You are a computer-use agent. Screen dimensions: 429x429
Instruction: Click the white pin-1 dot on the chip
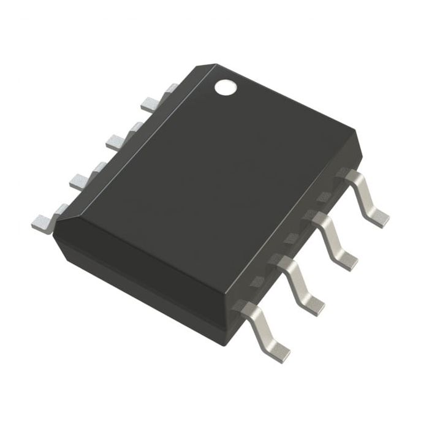[226, 88]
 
